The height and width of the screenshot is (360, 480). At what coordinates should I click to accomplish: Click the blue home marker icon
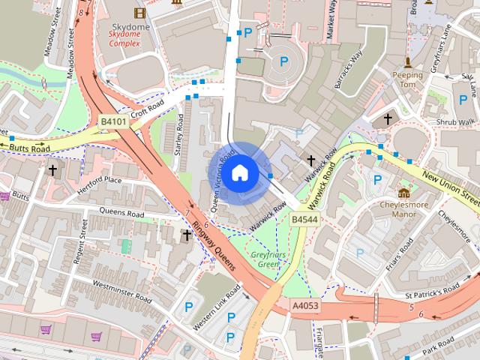pos(239,172)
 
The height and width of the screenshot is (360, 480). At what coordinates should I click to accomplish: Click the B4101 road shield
pos(114,121)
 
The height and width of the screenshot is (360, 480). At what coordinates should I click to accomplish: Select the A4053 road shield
pos(306,306)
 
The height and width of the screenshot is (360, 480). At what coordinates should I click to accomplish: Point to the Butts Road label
pos(30,149)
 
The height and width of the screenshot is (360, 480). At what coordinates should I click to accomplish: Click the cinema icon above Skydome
pos(138,12)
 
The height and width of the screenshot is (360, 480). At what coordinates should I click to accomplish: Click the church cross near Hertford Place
pos(52,171)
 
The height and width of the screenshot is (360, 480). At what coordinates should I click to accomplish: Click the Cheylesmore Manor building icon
pos(404,193)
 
